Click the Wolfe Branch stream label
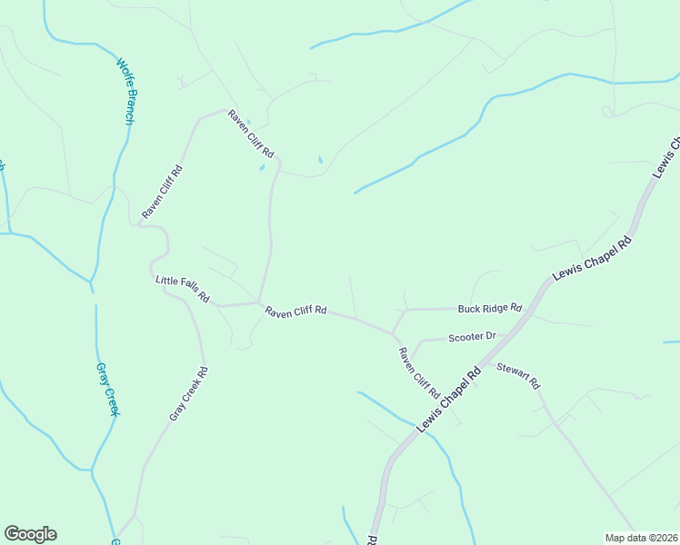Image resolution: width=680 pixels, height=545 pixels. (125, 92)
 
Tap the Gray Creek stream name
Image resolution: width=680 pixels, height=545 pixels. (107, 390)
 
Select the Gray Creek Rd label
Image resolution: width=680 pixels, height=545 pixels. (189, 393)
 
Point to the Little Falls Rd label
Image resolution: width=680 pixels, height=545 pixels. (183, 290)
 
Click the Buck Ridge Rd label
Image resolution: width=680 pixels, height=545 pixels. (490, 308)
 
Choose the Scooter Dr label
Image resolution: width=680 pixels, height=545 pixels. (472, 337)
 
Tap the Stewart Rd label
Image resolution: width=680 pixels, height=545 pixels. (518, 376)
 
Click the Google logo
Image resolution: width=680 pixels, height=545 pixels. (30, 534)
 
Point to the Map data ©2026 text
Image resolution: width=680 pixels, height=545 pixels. (641, 538)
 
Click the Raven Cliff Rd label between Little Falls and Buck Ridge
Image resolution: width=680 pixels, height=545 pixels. (295, 311)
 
